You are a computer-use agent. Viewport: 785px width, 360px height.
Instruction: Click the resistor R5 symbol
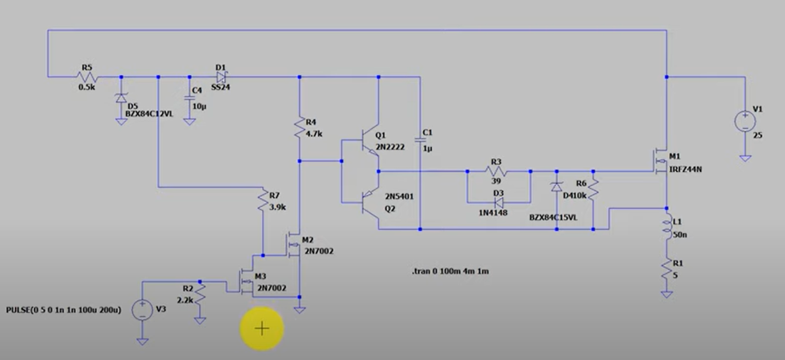[x=87, y=77]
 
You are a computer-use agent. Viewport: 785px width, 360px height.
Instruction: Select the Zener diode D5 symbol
[x=121, y=98]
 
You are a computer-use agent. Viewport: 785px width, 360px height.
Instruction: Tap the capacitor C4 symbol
[x=189, y=98]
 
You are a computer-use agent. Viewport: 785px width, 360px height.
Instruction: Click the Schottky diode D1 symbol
[x=221, y=77]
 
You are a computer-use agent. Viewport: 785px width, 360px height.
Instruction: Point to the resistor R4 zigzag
[x=299, y=128]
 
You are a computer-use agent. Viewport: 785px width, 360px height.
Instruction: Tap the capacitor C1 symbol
[x=420, y=140]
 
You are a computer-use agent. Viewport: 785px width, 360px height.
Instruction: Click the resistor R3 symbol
[x=496, y=171]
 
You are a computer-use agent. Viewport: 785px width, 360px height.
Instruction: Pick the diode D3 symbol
[x=498, y=202]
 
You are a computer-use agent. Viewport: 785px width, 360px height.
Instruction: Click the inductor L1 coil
[x=667, y=228]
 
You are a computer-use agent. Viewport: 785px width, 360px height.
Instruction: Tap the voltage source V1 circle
[x=745, y=122]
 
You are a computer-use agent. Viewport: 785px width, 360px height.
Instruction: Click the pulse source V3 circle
[x=142, y=310]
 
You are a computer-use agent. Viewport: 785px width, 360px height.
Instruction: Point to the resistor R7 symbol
[x=263, y=202]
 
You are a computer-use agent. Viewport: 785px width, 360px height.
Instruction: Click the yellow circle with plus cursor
[x=262, y=329]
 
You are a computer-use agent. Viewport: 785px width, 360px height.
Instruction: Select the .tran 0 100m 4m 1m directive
[x=450, y=271]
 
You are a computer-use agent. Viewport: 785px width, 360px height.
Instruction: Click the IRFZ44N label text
[x=685, y=170]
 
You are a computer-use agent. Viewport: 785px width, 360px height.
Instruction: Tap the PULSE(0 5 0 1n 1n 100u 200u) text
[x=63, y=310]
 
